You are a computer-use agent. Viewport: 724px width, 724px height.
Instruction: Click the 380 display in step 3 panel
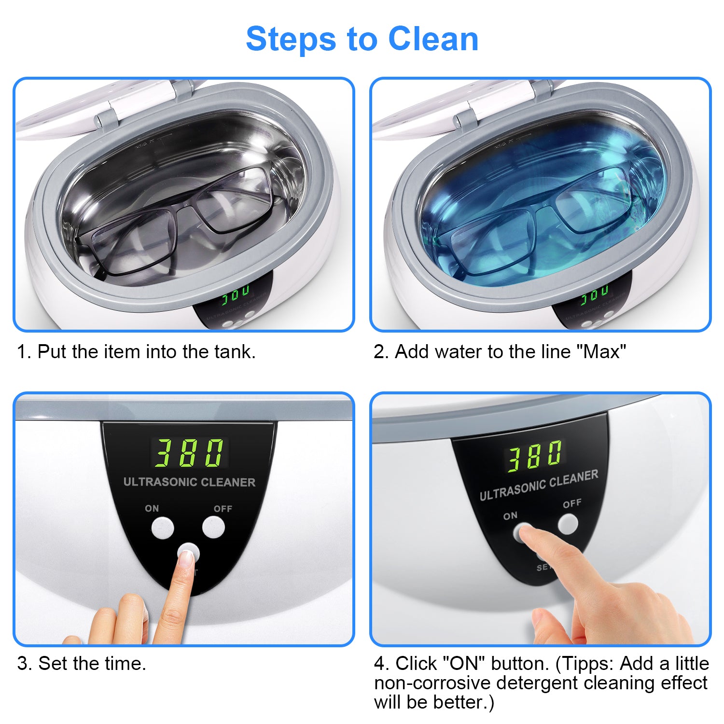click(190, 452)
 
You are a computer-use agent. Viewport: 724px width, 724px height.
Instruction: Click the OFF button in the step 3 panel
click(213, 527)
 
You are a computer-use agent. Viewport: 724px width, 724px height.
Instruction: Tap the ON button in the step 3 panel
click(163, 528)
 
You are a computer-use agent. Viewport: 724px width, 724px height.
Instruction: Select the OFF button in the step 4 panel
click(568, 524)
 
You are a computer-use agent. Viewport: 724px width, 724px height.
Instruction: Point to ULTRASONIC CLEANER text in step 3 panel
click(189, 482)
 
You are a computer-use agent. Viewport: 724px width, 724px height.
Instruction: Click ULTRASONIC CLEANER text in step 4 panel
click(539, 485)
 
